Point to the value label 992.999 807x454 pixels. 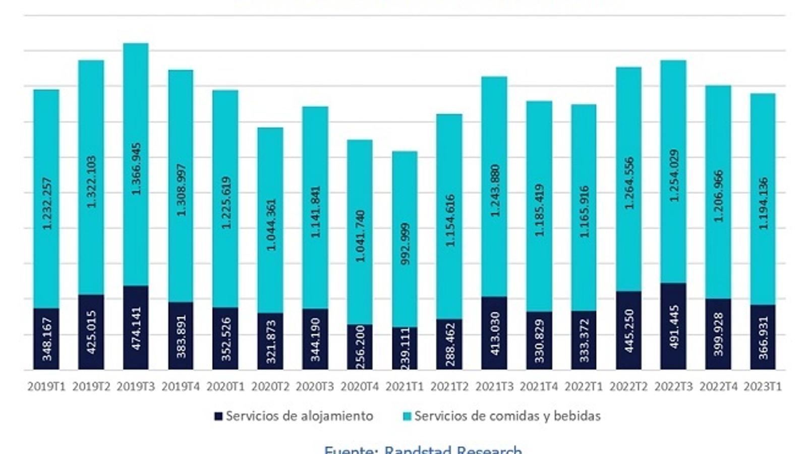[405, 244]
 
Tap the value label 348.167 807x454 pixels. [46, 338]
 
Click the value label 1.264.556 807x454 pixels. [629, 183]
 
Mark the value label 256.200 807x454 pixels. [360, 348]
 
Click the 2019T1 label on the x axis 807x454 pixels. [46, 387]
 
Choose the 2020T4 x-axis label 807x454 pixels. [360, 387]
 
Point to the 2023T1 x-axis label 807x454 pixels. [763, 387]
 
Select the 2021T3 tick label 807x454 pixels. [494, 387]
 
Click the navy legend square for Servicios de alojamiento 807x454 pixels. [218, 416]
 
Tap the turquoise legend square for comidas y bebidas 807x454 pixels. [407, 416]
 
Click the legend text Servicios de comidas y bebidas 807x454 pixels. [507, 416]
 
